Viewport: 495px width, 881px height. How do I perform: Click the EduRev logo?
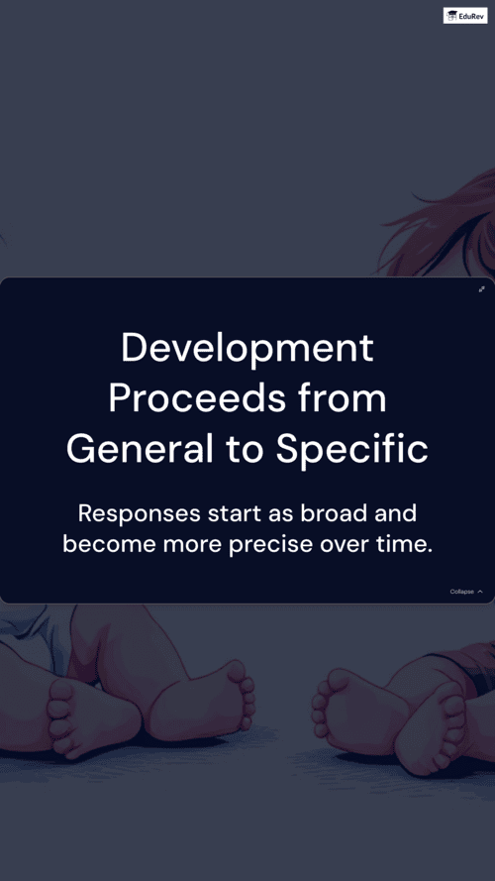coord(465,15)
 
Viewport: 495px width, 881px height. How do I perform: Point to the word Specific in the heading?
coord(351,451)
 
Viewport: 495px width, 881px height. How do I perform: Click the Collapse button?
coord(466,592)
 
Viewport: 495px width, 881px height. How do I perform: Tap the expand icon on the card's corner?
coord(481,289)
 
